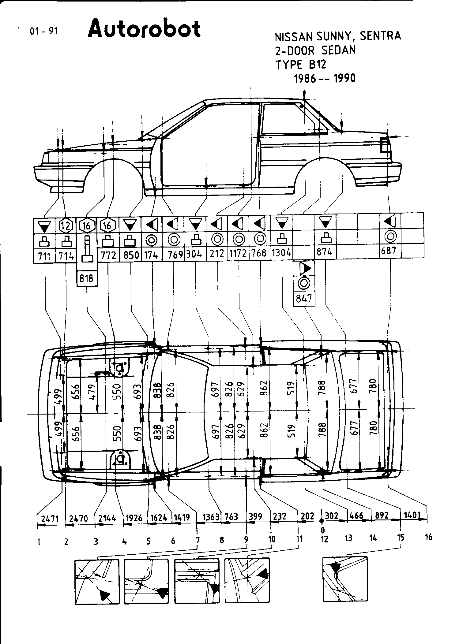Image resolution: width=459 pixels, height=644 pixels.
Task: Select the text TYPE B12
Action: (301, 65)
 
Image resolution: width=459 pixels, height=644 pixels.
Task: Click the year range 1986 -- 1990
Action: (325, 78)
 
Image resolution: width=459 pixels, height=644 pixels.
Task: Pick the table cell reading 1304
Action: (281, 253)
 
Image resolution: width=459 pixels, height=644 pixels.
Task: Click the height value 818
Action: (87, 278)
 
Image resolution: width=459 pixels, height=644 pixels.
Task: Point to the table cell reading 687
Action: (390, 251)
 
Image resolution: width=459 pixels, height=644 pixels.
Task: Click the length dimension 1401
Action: (412, 515)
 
